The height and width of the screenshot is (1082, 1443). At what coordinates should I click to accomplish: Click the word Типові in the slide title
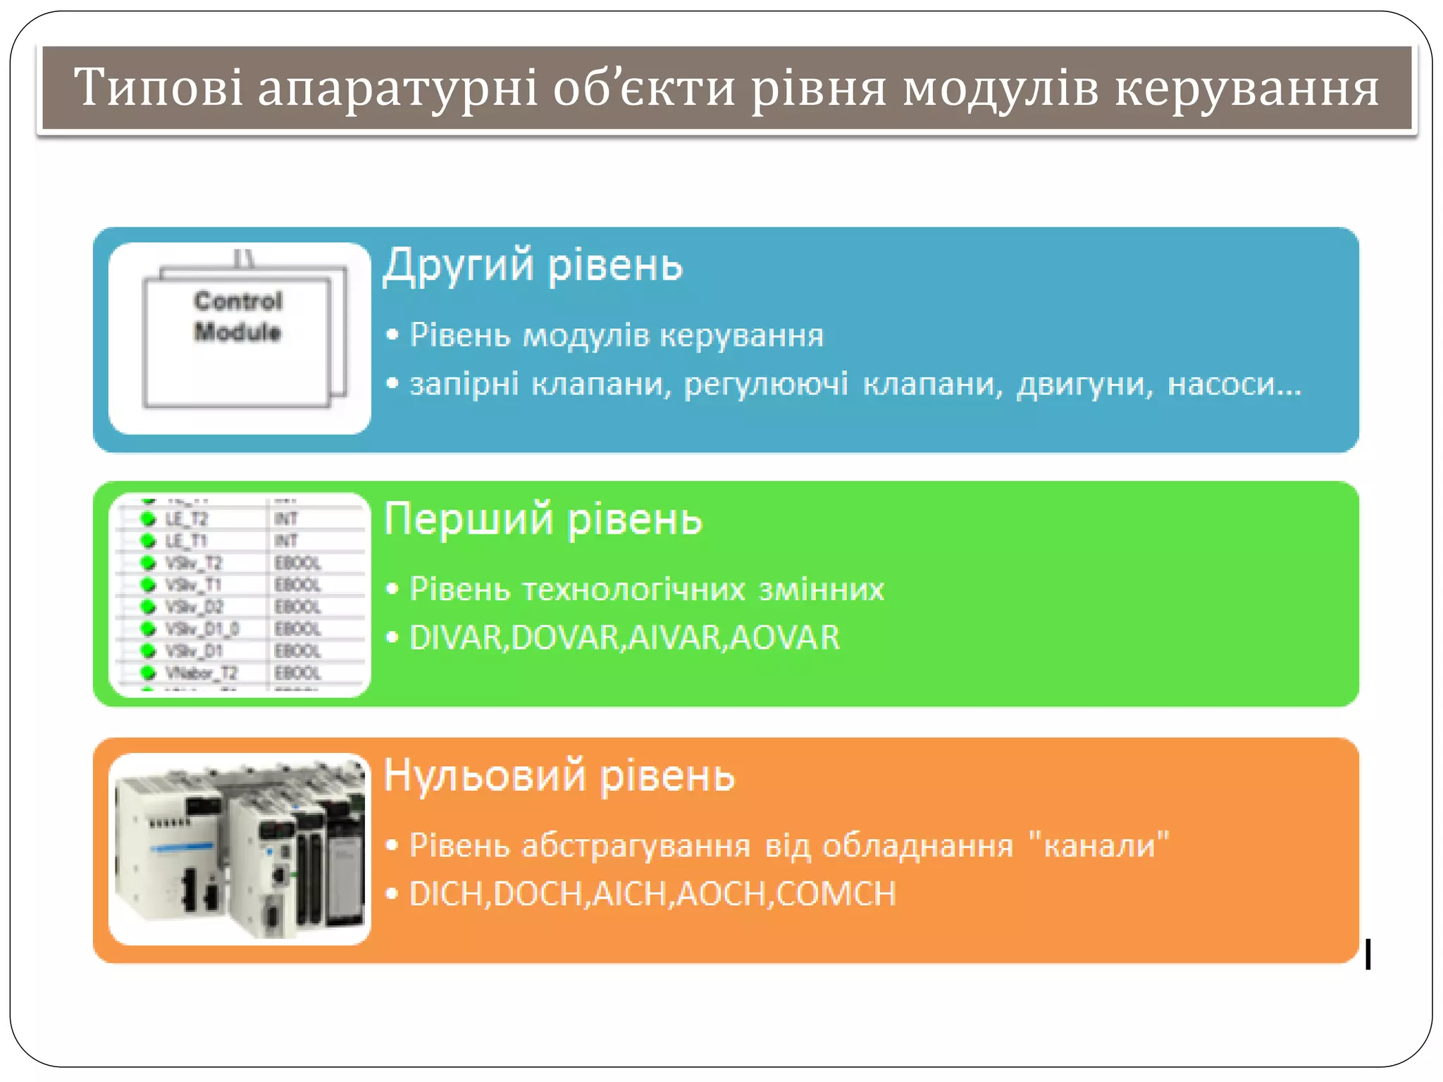pyautogui.click(x=158, y=88)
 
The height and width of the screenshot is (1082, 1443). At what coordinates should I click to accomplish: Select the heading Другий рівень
pyautogui.click(x=533, y=266)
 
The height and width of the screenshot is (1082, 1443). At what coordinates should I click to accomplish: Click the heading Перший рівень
pyautogui.click(x=543, y=519)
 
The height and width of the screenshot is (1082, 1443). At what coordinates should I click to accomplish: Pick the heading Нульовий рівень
pyautogui.click(x=559, y=775)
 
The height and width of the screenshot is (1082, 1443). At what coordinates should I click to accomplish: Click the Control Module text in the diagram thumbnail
pyautogui.click(x=238, y=316)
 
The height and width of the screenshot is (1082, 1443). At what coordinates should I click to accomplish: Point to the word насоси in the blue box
pyautogui.click(x=1234, y=385)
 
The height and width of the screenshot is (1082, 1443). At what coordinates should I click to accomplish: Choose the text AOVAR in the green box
pyautogui.click(x=785, y=638)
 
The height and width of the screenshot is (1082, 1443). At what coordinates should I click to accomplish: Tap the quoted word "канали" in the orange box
pyautogui.click(x=1098, y=845)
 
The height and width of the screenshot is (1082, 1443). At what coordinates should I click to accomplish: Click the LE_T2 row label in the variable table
pyautogui.click(x=186, y=519)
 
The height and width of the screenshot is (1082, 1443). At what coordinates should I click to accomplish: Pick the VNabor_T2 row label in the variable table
pyautogui.click(x=201, y=673)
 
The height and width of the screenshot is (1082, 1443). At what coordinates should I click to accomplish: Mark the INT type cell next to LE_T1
pyautogui.click(x=286, y=541)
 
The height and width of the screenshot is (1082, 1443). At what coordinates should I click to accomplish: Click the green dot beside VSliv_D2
pyautogui.click(x=148, y=607)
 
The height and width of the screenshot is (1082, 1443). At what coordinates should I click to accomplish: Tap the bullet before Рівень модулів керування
pyautogui.click(x=392, y=335)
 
